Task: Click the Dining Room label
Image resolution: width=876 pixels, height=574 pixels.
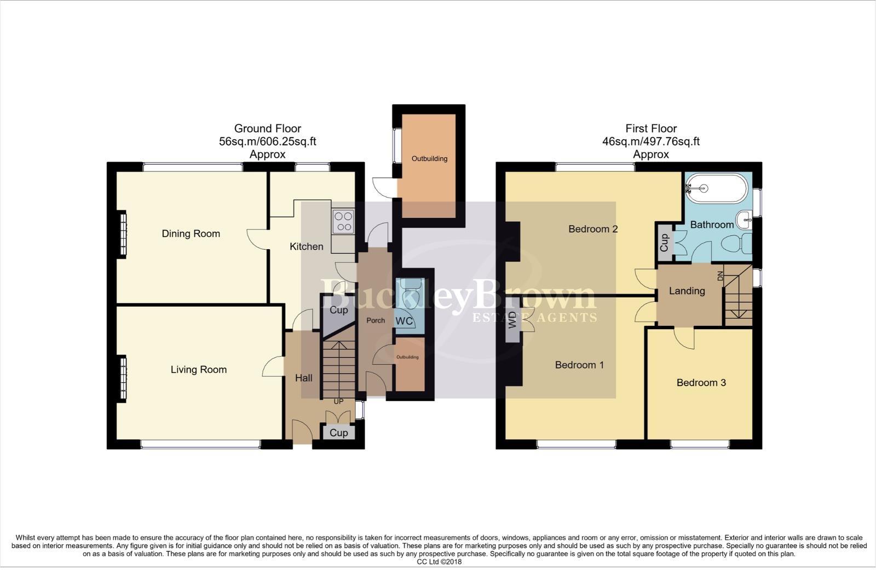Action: (191, 234)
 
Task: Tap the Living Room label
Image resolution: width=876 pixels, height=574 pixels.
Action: (198, 370)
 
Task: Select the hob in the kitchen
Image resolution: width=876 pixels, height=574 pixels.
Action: (344, 222)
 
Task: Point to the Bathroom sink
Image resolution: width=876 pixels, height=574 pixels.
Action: (744, 220)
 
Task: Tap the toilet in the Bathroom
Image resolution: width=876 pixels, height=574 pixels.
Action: (739, 244)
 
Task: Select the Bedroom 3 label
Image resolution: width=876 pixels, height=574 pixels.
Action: (701, 383)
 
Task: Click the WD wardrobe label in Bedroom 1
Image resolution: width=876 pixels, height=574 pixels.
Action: (512, 319)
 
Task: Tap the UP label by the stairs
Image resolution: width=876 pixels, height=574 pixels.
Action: (338, 401)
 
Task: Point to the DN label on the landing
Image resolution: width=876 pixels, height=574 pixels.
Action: (720, 277)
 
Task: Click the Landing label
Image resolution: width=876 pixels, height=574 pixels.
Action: (687, 291)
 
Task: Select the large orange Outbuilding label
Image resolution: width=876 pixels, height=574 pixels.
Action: (429, 159)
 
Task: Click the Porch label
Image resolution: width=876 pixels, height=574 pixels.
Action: (376, 320)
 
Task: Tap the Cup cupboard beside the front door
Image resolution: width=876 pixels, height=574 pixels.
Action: (338, 433)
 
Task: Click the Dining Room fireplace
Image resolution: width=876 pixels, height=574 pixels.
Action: (123, 234)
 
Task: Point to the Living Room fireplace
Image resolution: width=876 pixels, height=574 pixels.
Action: (123, 378)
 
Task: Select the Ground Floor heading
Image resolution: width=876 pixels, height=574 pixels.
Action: (267, 129)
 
